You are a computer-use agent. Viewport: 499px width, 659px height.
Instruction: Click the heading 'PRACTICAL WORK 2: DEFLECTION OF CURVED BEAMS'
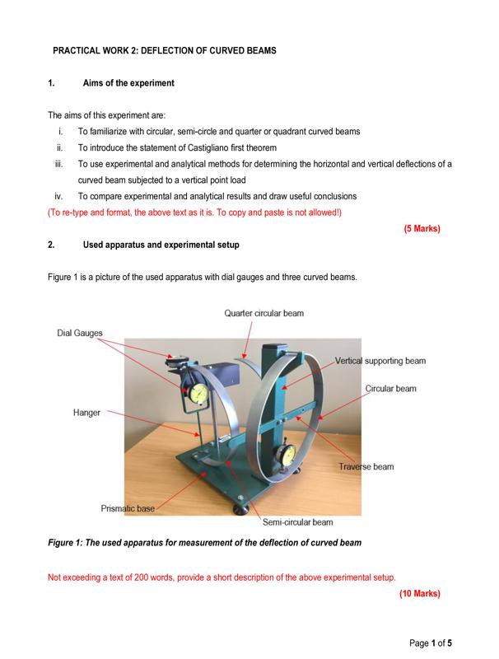164,51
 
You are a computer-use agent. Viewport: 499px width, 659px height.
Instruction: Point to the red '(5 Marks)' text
422,229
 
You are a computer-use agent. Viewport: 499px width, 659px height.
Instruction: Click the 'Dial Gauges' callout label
80,333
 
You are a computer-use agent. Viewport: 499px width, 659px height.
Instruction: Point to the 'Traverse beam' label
366,467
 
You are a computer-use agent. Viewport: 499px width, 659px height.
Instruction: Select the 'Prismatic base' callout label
128,508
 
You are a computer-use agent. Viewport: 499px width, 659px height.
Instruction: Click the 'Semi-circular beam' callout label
297,522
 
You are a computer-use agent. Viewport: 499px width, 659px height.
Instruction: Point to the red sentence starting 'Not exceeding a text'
222,577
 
